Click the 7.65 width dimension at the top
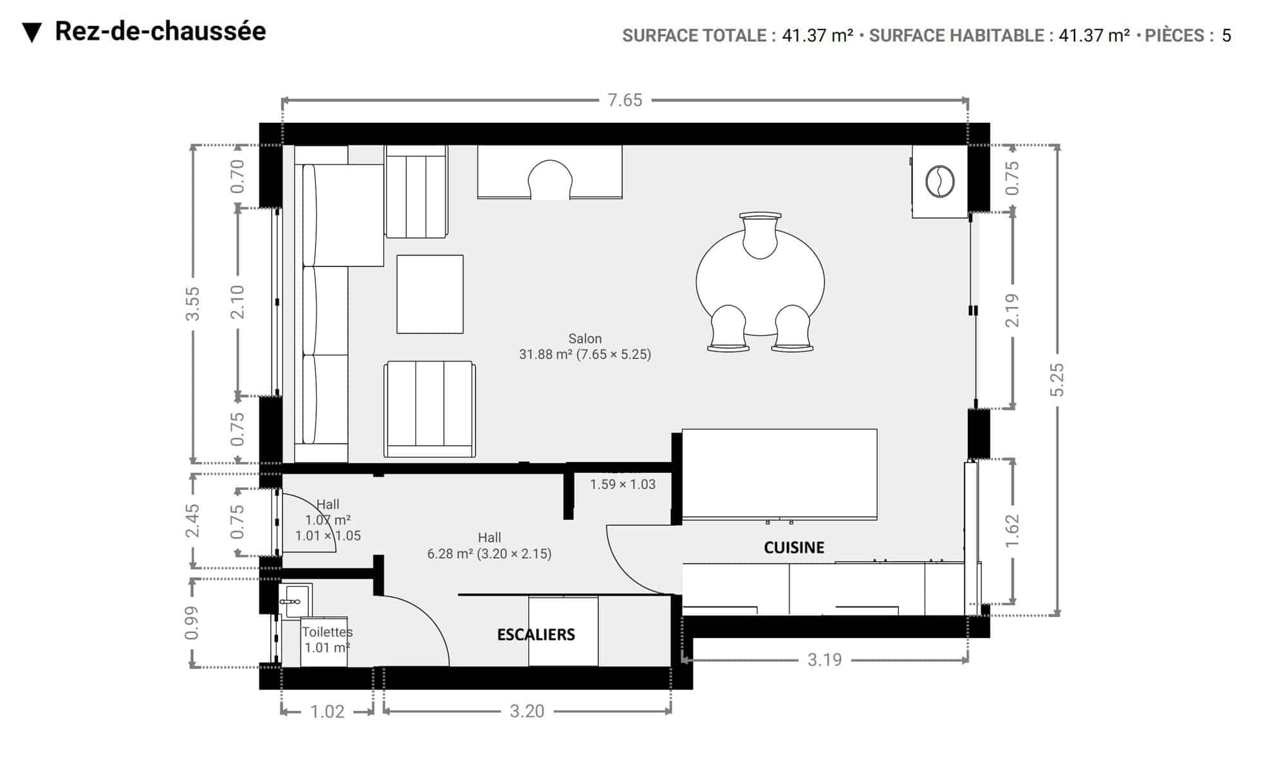625,100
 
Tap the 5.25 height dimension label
1057,380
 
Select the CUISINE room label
794,547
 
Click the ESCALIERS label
536,635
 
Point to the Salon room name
585,338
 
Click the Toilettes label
327,632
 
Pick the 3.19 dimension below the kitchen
824,660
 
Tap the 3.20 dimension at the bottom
527,711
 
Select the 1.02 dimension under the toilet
328,712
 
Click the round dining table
760,282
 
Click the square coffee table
430,294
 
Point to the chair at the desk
550,179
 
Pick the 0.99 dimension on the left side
191,623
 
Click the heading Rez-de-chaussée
160,31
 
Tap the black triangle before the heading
32,33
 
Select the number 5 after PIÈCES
1226,35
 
